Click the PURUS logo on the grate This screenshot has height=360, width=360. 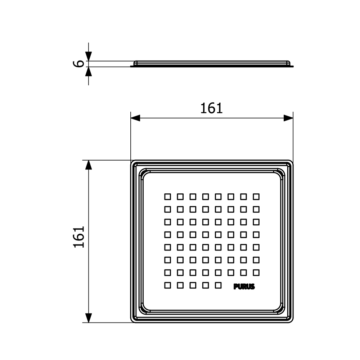pyautogui.click(x=244, y=287)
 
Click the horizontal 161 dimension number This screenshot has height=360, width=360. pyautogui.click(x=211, y=108)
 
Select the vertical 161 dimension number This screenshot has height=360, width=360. pyautogui.click(x=79, y=237)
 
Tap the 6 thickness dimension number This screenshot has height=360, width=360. pyautogui.click(x=78, y=64)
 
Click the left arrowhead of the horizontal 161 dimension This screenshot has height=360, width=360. pyautogui.click(x=135, y=118)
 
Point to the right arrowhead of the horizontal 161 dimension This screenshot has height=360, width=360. pyautogui.click(x=288, y=118)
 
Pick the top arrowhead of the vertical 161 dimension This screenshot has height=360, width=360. pyautogui.click(x=89, y=165)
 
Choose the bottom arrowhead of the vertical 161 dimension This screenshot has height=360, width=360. pyautogui.click(x=89, y=318)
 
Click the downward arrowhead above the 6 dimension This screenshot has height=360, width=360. pyautogui.click(x=89, y=56)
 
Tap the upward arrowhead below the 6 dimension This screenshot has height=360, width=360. pyautogui.click(x=89, y=71)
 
